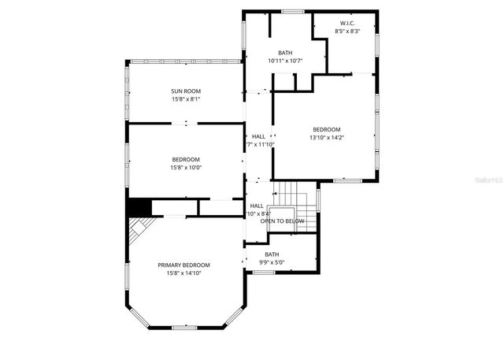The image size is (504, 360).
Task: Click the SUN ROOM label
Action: pos(186,91)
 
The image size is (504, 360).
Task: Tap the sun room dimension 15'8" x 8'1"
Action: pos(186,99)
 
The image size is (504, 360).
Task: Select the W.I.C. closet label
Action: pos(347,24)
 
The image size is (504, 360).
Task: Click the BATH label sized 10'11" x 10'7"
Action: pos(284,53)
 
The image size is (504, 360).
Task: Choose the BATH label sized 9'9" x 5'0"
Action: pos(272,254)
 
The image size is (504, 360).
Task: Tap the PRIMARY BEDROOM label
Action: pos(184,265)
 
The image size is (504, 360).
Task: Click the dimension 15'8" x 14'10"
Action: pos(184,273)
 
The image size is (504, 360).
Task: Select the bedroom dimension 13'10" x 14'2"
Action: pos(326,138)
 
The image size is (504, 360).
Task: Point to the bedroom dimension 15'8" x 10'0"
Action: pos(186,167)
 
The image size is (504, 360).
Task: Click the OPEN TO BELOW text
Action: pos(282,221)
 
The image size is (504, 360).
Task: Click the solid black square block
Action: pos(139,207)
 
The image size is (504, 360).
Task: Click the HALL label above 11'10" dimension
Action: pos(258,136)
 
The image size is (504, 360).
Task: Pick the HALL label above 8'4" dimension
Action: pos(257,206)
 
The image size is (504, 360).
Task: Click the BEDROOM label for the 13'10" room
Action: pos(326,130)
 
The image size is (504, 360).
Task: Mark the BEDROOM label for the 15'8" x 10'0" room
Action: pos(186,159)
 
